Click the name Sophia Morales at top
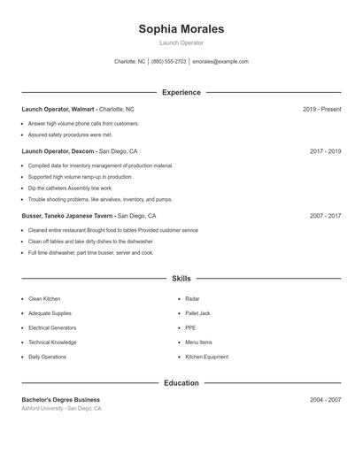tap(181, 29)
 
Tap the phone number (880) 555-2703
tap(168, 62)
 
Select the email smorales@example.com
tap(220, 62)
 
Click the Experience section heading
tap(181, 92)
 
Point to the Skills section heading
tap(181, 279)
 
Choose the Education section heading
tap(181, 383)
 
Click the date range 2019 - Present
tap(321, 109)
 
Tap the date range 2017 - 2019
tap(325, 151)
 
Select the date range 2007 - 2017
tap(325, 216)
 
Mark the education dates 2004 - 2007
tap(325, 400)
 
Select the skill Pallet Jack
tap(197, 313)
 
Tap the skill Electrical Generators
tap(51, 328)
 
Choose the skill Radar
tap(192, 299)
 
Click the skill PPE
tap(190, 328)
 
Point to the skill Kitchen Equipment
tap(206, 357)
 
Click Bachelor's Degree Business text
tap(60, 400)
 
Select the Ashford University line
tap(61, 409)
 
